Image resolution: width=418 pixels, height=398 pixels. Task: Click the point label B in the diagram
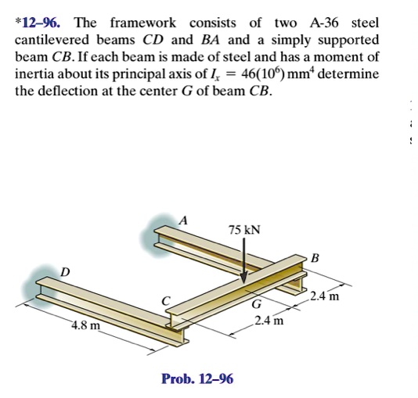click(x=315, y=258)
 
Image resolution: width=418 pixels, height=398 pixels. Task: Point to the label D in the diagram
click(x=65, y=271)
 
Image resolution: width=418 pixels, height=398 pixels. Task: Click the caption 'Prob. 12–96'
click(x=196, y=379)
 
